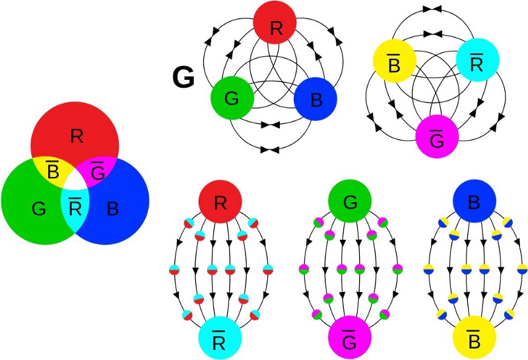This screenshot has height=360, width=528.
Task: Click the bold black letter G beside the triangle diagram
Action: [183, 78]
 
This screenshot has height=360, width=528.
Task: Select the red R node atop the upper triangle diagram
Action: [273, 28]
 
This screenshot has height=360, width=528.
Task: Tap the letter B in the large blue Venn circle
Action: [113, 209]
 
